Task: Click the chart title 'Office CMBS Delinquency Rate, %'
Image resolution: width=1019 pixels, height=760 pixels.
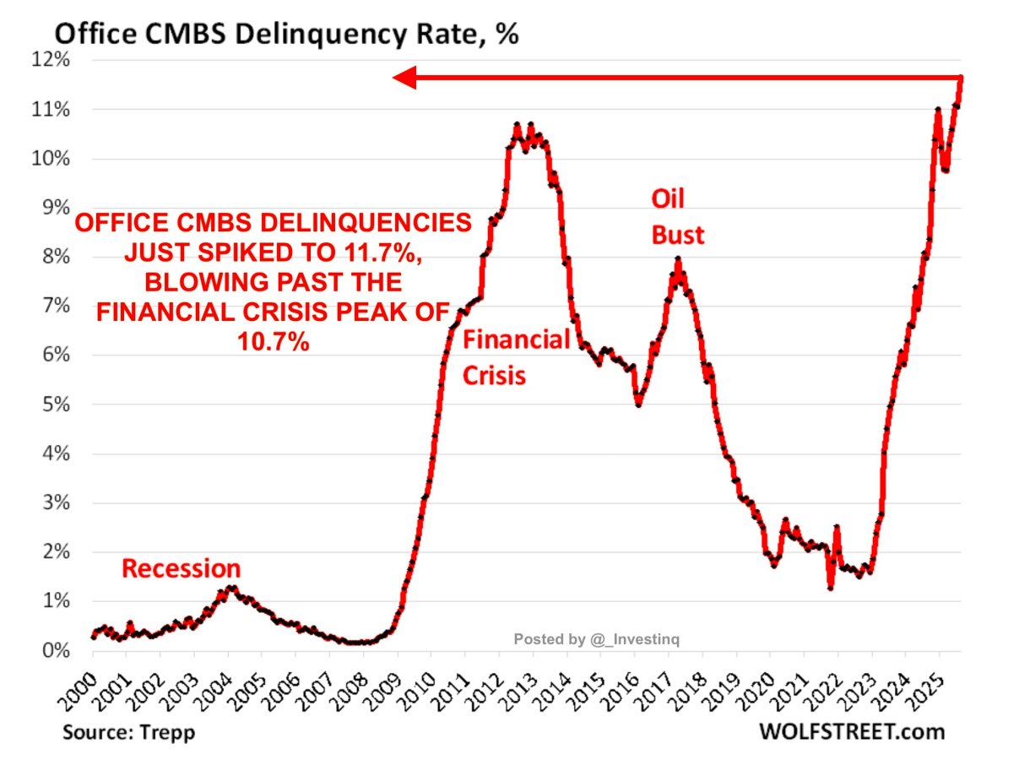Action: (285, 35)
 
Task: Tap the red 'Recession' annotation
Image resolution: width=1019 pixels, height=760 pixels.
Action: (181, 568)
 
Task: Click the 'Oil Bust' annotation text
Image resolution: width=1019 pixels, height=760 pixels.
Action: (677, 217)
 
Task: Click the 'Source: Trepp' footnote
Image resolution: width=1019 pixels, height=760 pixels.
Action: (128, 731)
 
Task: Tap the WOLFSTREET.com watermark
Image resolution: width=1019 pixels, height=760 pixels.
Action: (865, 731)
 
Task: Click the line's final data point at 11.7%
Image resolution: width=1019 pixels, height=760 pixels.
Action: (961, 79)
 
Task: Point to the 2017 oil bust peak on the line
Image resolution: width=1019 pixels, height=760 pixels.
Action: (677, 259)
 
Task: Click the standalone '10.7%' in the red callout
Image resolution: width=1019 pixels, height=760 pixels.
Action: (272, 339)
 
